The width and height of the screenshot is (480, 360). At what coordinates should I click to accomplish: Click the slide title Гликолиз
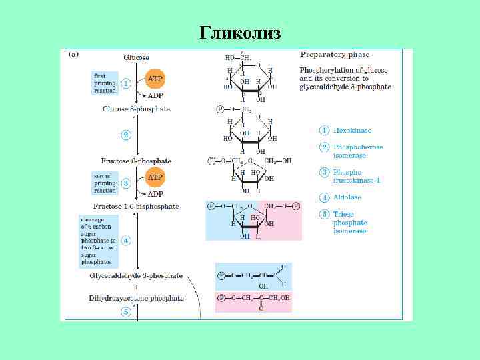(x=240, y=33)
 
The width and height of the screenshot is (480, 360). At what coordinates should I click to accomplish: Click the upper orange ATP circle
(x=155, y=78)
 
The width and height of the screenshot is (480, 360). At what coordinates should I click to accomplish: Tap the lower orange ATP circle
(x=155, y=178)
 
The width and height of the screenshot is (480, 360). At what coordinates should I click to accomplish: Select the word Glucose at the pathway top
(x=137, y=58)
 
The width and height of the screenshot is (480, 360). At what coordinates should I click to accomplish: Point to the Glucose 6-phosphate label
(x=136, y=109)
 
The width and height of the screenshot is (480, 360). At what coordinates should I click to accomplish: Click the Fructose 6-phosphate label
(x=136, y=161)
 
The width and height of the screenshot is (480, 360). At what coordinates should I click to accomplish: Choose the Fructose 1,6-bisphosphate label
(x=136, y=207)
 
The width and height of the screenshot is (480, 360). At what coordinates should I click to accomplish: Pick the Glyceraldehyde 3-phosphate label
(x=136, y=275)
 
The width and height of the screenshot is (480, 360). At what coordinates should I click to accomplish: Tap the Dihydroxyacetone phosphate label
(x=136, y=298)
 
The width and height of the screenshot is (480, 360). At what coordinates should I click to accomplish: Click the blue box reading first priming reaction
(x=104, y=83)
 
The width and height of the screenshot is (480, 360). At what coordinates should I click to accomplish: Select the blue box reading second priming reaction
(x=104, y=183)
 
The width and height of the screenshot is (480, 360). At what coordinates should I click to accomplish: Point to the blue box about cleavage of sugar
(x=99, y=241)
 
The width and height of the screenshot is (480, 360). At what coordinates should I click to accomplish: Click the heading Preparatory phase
(x=335, y=55)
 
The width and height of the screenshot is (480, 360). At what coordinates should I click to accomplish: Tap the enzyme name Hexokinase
(x=354, y=131)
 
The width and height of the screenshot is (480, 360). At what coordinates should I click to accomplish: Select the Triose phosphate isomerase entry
(x=351, y=223)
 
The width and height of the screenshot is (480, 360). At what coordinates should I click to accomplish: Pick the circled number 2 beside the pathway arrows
(x=125, y=135)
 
